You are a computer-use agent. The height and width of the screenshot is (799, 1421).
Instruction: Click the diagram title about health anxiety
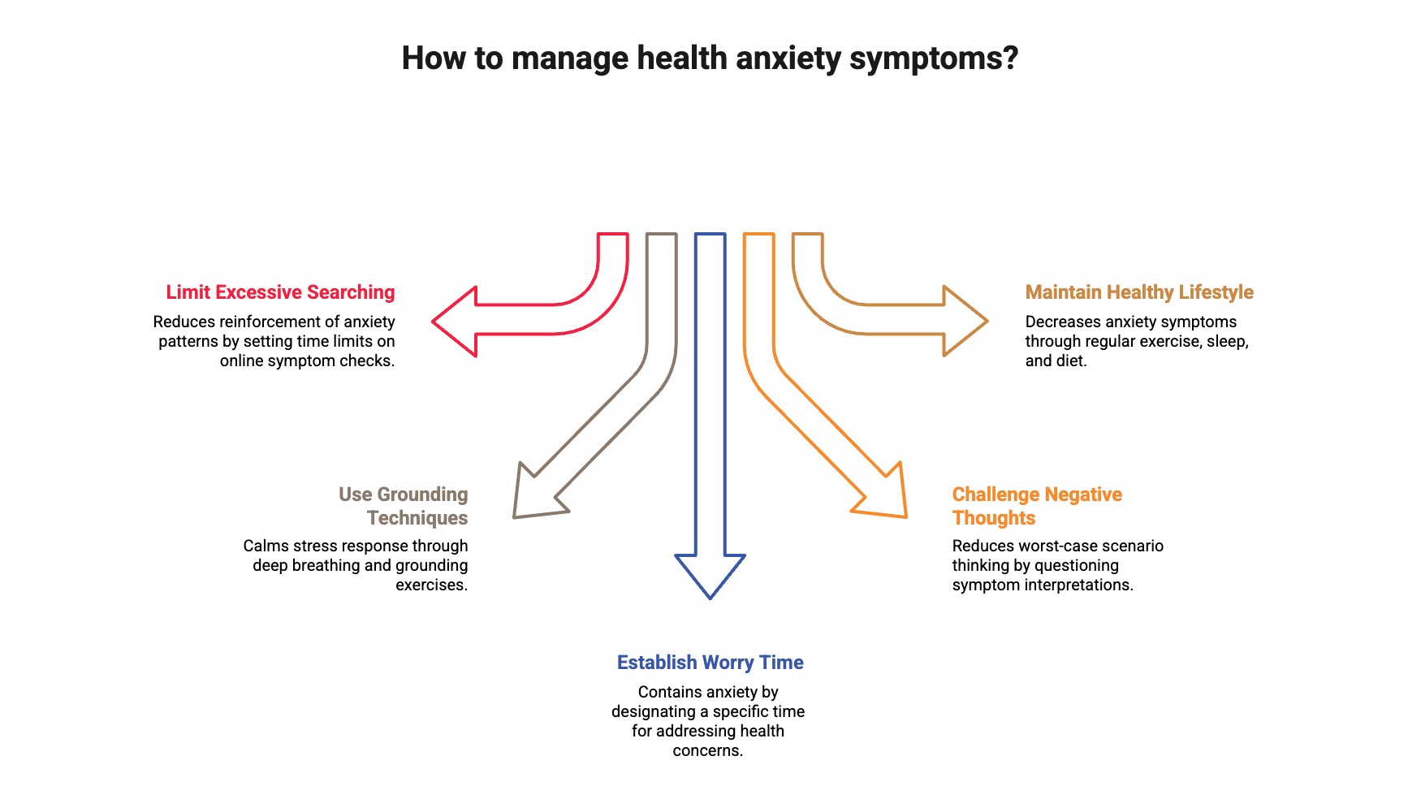tap(709, 58)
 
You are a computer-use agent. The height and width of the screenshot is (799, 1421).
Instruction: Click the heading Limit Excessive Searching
tap(280, 292)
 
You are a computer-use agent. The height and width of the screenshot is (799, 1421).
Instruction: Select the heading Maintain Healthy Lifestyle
tap(1139, 292)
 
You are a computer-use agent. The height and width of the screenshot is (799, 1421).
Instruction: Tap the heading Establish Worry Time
tap(710, 663)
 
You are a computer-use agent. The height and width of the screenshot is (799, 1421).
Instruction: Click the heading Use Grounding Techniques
tap(404, 506)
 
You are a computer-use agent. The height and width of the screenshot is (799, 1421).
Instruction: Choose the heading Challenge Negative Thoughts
tap(1037, 506)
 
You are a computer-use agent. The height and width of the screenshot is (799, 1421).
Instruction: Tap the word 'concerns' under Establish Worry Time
tap(706, 751)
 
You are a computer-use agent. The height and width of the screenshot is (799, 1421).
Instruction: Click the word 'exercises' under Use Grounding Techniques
tap(430, 585)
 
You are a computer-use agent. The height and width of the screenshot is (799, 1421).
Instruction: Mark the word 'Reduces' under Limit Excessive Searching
tap(184, 322)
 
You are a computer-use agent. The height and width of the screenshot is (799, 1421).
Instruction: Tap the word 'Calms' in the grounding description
tap(266, 546)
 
